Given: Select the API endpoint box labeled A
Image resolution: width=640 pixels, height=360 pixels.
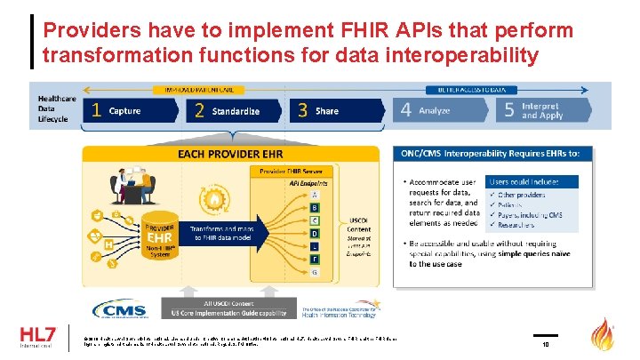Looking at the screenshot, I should pyautogui.click(x=314, y=195).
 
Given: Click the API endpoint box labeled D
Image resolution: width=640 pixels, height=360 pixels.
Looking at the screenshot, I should pyautogui.click(x=314, y=233).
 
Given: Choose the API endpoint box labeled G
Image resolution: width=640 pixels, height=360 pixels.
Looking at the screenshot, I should pyautogui.click(x=314, y=270).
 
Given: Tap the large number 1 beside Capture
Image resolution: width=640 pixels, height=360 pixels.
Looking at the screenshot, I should pyautogui.click(x=95, y=112).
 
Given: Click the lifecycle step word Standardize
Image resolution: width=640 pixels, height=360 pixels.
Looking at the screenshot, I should pyautogui.click(x=236, y=112).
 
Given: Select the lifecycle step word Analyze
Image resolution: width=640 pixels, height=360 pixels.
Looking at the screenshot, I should pyautogui.click(x=434, y=112).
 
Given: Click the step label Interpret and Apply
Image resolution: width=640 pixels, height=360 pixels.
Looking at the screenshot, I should pyautogui.click(x=541, y=112).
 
